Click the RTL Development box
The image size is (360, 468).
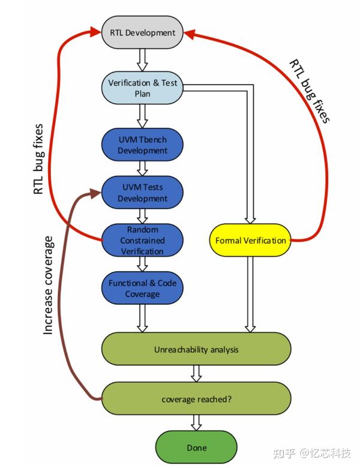(x=142, y=32)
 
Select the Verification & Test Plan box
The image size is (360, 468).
(x=142, y=88)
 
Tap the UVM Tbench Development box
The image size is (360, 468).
(x=142, y=145)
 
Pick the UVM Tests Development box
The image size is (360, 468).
(x=142, y=193)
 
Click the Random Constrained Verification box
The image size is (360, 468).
(x=142, y=240)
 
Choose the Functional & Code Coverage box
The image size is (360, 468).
(x=142, y=288)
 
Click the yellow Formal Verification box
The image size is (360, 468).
(x=250, y=240)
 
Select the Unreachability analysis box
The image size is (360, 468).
(x=196, y=349)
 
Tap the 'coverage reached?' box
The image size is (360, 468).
(x=196, y=399)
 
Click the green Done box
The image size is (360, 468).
(x=196, y=447)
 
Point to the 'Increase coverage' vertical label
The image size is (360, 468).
(x=49, y=286)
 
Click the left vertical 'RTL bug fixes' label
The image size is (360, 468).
(x=38, y=160)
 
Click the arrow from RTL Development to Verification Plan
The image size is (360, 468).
(x=142, y=60)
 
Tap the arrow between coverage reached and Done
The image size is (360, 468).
(x=196, y=423)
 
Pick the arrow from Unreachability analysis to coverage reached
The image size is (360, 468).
(x=196, y=374)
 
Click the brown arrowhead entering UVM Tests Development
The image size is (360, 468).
(x=95, y=194)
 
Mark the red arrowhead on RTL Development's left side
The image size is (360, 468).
(x=95, y=31)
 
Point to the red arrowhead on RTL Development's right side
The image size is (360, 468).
(x=189, y=34)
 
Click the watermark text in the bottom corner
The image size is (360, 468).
(x=312, y=453)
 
